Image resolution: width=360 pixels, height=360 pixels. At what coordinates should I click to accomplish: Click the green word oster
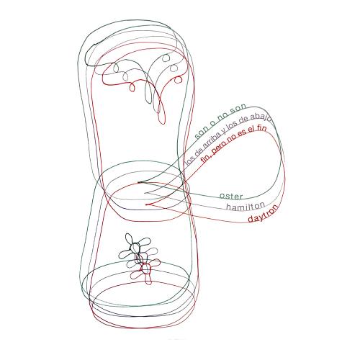[231, 196]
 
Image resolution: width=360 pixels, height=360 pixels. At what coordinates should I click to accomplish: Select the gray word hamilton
[246, 206]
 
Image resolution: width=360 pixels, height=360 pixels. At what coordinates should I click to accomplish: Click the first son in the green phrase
[202, 133]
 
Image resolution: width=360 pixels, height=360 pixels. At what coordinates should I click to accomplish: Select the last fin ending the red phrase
[261, 128]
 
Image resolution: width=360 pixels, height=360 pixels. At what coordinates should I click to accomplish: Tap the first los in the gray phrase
[189, 160]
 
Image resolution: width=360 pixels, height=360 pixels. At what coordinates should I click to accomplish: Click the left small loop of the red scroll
[132, 87]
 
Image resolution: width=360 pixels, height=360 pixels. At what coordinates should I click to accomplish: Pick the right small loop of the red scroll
[178, 79]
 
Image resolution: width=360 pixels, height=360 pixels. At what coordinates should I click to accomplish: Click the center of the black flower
[134, 248]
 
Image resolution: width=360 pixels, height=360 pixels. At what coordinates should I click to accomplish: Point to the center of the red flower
[145, 269]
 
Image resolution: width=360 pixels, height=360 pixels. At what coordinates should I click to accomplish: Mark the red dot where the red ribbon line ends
[147, 204]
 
